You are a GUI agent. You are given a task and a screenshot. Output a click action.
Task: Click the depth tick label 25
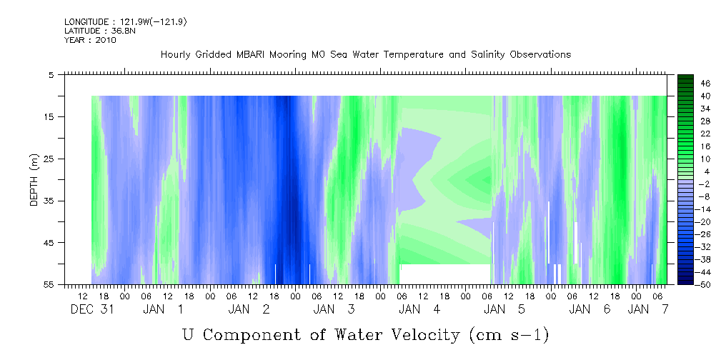tap(49, 159)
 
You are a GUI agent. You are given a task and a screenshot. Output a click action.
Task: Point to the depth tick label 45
tap(49, 243)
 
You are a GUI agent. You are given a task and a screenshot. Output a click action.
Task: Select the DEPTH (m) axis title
tap(34, 180)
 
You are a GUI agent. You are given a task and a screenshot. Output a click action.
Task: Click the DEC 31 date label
tap(92, 309)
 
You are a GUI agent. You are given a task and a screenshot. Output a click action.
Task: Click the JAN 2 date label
tap(249, 309)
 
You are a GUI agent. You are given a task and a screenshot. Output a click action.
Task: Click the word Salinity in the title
tap(488, 55)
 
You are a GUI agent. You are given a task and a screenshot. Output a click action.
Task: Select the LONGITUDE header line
tap(126, 22)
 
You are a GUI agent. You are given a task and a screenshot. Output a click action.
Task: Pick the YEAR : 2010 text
tap(90, 40)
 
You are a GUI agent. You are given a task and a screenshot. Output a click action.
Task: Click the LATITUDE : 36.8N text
tap(100, 31)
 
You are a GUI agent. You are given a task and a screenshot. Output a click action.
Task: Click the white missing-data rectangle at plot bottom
tap(445, 274)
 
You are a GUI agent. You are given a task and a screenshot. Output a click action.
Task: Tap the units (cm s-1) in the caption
tap(509, 336)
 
